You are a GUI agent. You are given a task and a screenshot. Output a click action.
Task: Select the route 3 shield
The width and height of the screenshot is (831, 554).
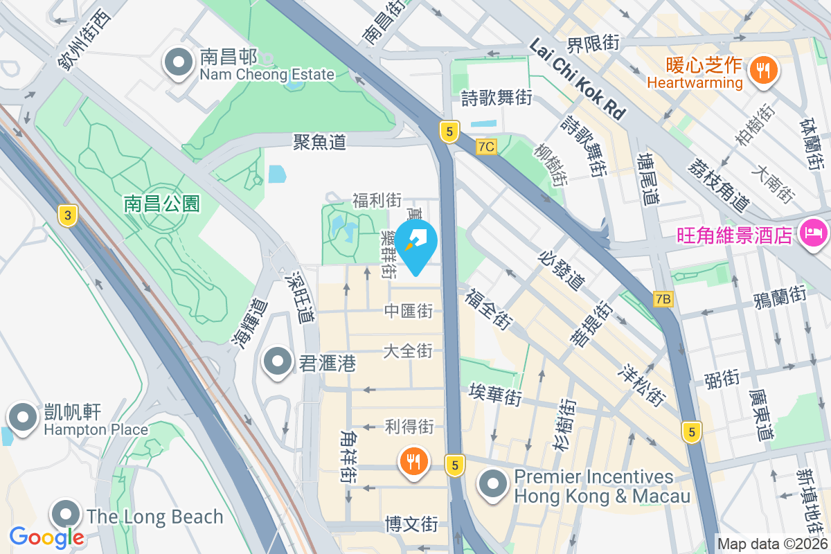[x=66, y=216]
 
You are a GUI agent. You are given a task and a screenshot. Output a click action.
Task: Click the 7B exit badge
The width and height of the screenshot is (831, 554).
[x=663, y=299]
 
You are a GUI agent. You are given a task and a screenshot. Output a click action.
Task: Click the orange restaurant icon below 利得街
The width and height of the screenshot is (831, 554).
[x=413, y=461]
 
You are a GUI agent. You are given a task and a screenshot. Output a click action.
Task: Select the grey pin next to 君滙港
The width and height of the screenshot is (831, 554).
[x=278, y=361]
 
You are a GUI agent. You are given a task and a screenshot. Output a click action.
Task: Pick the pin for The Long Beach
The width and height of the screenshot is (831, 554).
[x=66, y=515]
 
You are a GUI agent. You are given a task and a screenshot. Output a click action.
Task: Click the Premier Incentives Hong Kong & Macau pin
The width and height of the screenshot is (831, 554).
[x=493, y=484]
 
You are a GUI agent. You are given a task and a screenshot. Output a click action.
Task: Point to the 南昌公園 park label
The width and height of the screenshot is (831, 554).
[x=162, y=203]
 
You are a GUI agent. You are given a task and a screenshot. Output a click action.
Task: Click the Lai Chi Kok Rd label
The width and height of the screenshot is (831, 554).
[x=578, y=78]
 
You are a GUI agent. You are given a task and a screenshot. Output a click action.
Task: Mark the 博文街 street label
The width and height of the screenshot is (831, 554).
[x=411, y=524]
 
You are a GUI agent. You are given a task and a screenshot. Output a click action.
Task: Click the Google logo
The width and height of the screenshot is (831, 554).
[x=46, y=537]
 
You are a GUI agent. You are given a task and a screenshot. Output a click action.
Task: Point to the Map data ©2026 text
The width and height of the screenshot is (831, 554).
[x=772, y=544]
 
